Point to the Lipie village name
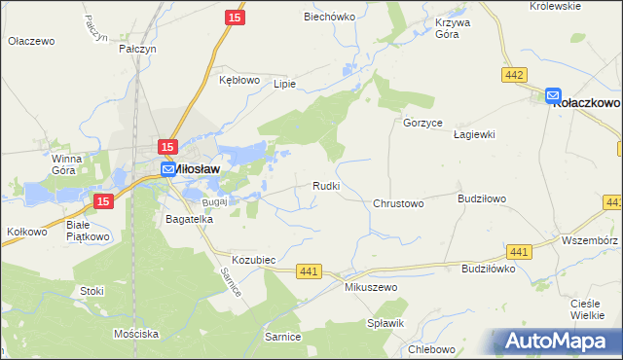[283, 84]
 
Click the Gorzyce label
[423, 124]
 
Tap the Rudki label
[325, 186]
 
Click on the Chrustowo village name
[398, 204]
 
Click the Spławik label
[385, 322]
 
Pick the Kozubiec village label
[255, 260]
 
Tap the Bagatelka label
[189, 220]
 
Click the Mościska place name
[135, 334]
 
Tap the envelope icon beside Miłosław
[167, 169]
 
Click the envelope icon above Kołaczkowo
[553, 95]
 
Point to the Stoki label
[92, 291]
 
